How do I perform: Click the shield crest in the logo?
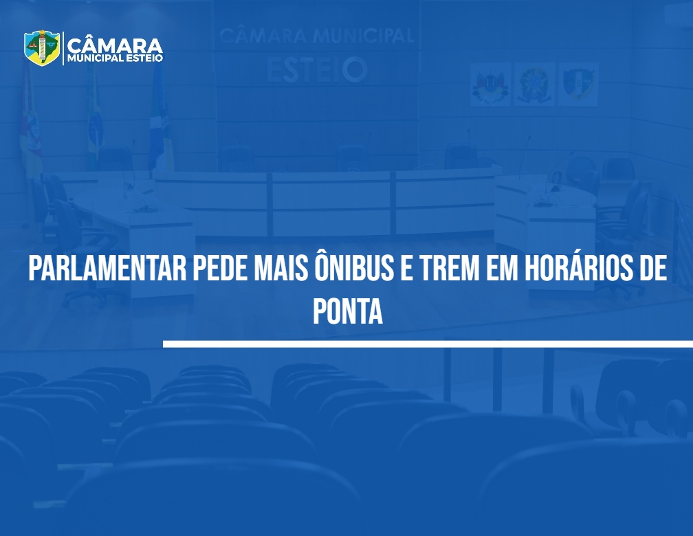(x=42, y=47)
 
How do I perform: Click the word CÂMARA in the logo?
(x=115, y=45)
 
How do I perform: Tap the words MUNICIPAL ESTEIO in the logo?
(x=115, y=58)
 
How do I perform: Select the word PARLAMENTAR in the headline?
(x=107, y=268)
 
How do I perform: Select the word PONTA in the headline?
(x=348, y=311)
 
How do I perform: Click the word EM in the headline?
(x=503, y=268)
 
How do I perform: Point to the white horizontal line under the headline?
(x=428, y=344)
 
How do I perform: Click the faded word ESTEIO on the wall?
(x=317, y=70)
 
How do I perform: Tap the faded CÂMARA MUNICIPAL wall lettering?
(x=317, y=36)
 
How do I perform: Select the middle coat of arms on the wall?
(x=534, y=85)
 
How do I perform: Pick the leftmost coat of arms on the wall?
(x=490, y=85)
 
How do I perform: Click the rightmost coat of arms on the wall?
(x=577, y=85)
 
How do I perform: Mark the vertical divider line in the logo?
(x=63, y=48)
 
